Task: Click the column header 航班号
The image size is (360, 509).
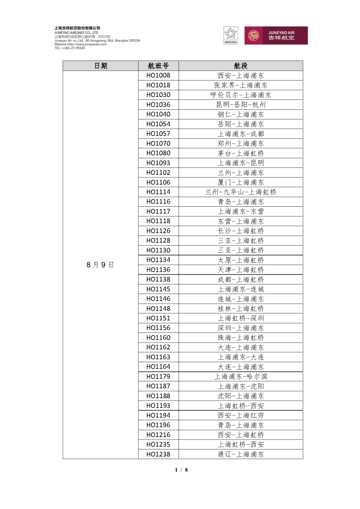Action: pos(158,66)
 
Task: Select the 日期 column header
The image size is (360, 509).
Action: pos(100,66)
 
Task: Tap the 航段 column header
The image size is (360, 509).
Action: pos(240,66)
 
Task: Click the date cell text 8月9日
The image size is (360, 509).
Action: pos(100,265)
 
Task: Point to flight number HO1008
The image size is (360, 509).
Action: pos(158,75)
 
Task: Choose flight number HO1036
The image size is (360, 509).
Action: pos(158,105)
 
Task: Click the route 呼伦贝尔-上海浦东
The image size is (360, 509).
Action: pos(240,95)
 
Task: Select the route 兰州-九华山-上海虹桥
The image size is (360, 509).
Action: pos(240,192)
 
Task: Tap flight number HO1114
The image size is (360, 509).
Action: pos(158,192)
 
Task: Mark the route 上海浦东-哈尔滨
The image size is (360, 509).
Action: pos(240,377)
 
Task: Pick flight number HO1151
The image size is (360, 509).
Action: pos(158,318)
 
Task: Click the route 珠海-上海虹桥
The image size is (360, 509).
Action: pos(240,338)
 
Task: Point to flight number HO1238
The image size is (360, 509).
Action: pos(158,454)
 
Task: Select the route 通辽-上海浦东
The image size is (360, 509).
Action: pos(240,454)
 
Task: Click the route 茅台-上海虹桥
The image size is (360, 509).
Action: pos(240,153)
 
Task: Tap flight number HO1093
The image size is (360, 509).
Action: pos(158,163)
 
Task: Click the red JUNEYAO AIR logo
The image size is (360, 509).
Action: pos(276,36)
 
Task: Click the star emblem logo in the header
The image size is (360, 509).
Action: pos(230,35)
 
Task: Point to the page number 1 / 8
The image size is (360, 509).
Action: pos(181,470)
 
